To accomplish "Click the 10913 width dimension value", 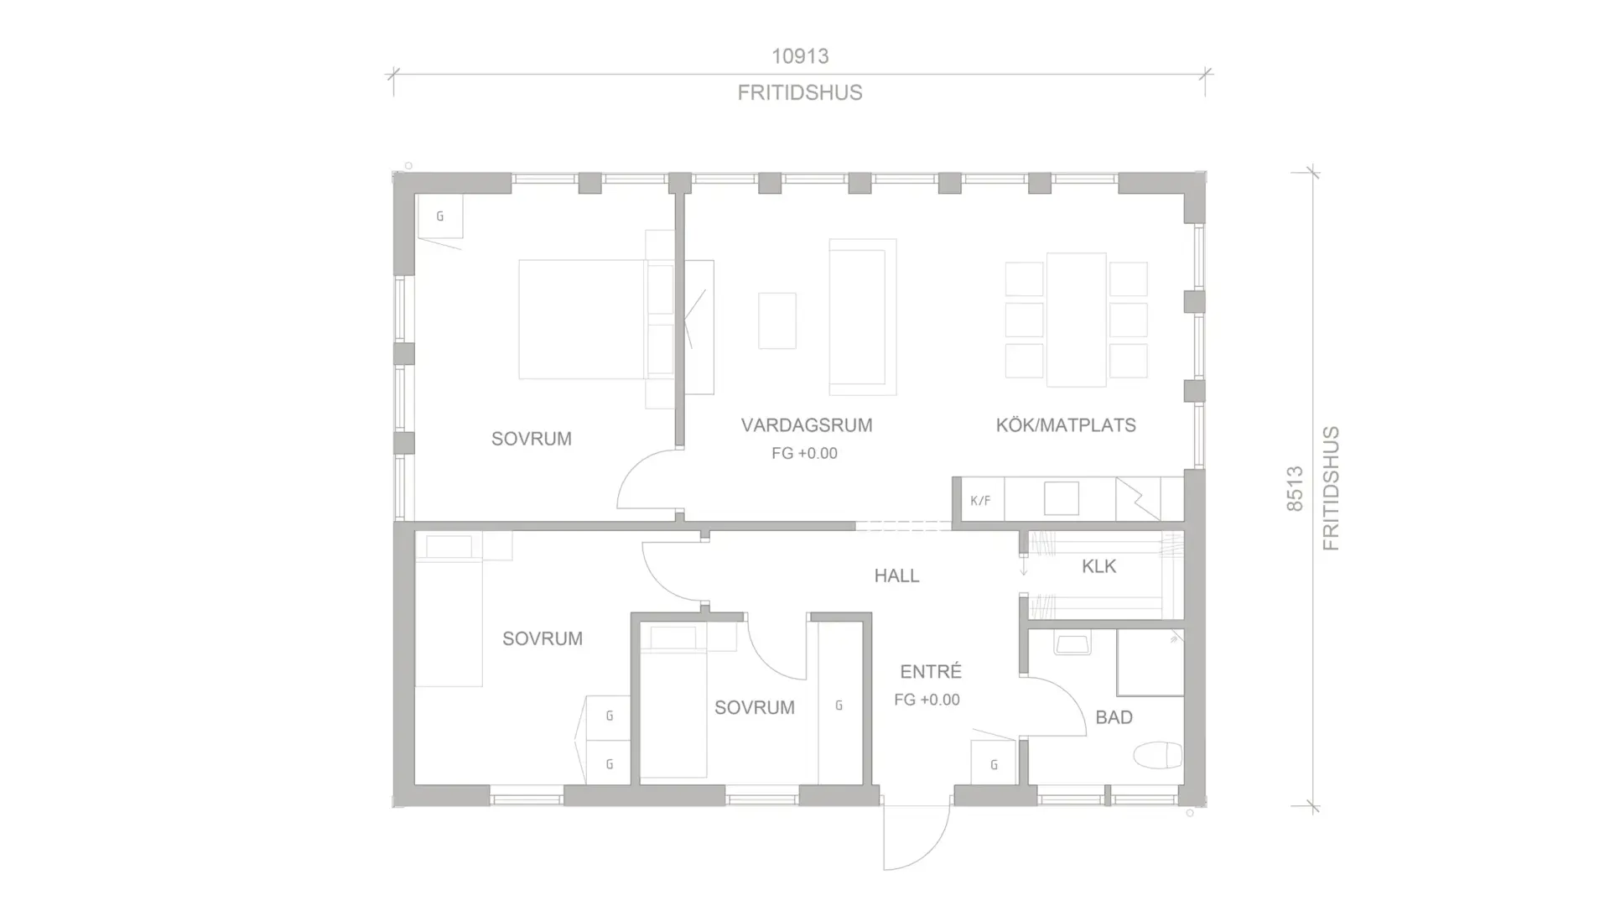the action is point(800,56).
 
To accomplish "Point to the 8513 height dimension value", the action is point(1295,489).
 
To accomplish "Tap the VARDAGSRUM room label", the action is point(807,425).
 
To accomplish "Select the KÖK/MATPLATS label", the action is point(1066,425).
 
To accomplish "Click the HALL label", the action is point(896,576).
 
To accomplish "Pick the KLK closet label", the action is point(1098,567).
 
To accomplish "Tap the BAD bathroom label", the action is point(1114,717).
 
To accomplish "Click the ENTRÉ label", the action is point(931,671).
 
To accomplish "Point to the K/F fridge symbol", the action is point(980,501).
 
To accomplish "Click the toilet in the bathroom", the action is point(1158,756).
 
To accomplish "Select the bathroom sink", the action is point(1072,643).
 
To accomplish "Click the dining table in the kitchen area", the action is point(1076,320).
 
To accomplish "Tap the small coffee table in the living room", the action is point(777,320).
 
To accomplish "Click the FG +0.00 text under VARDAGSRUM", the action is point(804,454).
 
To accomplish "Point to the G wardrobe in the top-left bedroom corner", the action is point(440,216).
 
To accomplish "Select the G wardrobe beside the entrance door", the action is point(994,764).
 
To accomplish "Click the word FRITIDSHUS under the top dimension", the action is point(800,92).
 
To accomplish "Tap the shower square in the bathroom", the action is point(1150,663).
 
